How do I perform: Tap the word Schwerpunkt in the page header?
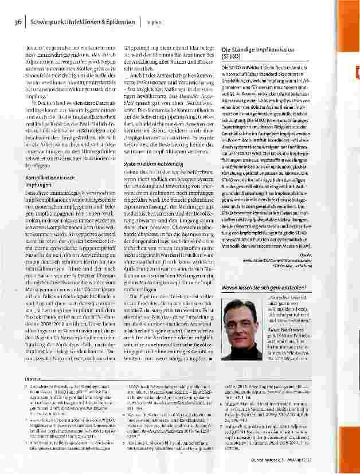click(x=48, y=22)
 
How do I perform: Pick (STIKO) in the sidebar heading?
click(x=232, y=57)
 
